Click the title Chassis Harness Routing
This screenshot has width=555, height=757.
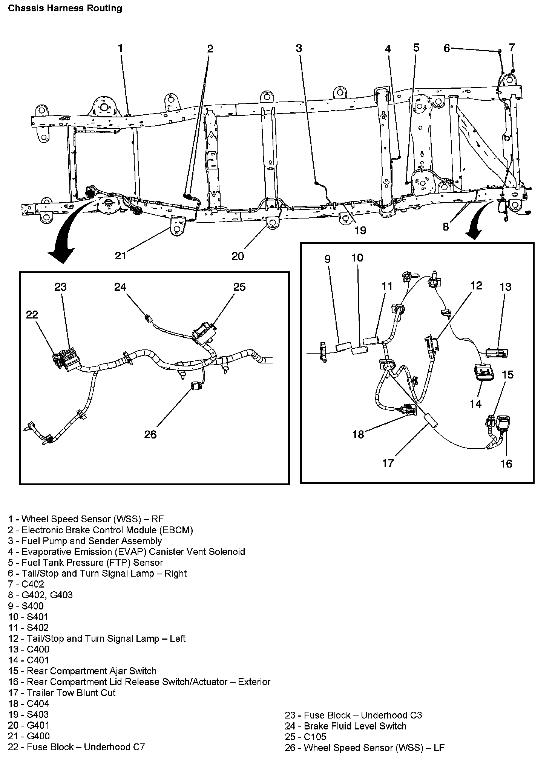tap(65, 8)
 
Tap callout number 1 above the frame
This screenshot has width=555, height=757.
tap(120, 48)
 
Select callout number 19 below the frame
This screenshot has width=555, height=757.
tap(360, 230)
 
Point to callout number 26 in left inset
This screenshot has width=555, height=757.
tap(150, 434)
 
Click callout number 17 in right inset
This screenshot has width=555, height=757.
tap(388, 463)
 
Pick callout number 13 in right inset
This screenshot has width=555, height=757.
tap(505, 287)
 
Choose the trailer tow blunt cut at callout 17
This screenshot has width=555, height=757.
tap(429, 420)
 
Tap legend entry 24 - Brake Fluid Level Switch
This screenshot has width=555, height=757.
tap(346, 726)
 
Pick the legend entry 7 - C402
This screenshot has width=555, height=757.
tap(26, 584)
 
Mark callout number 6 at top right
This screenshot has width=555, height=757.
tap(447, 48)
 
